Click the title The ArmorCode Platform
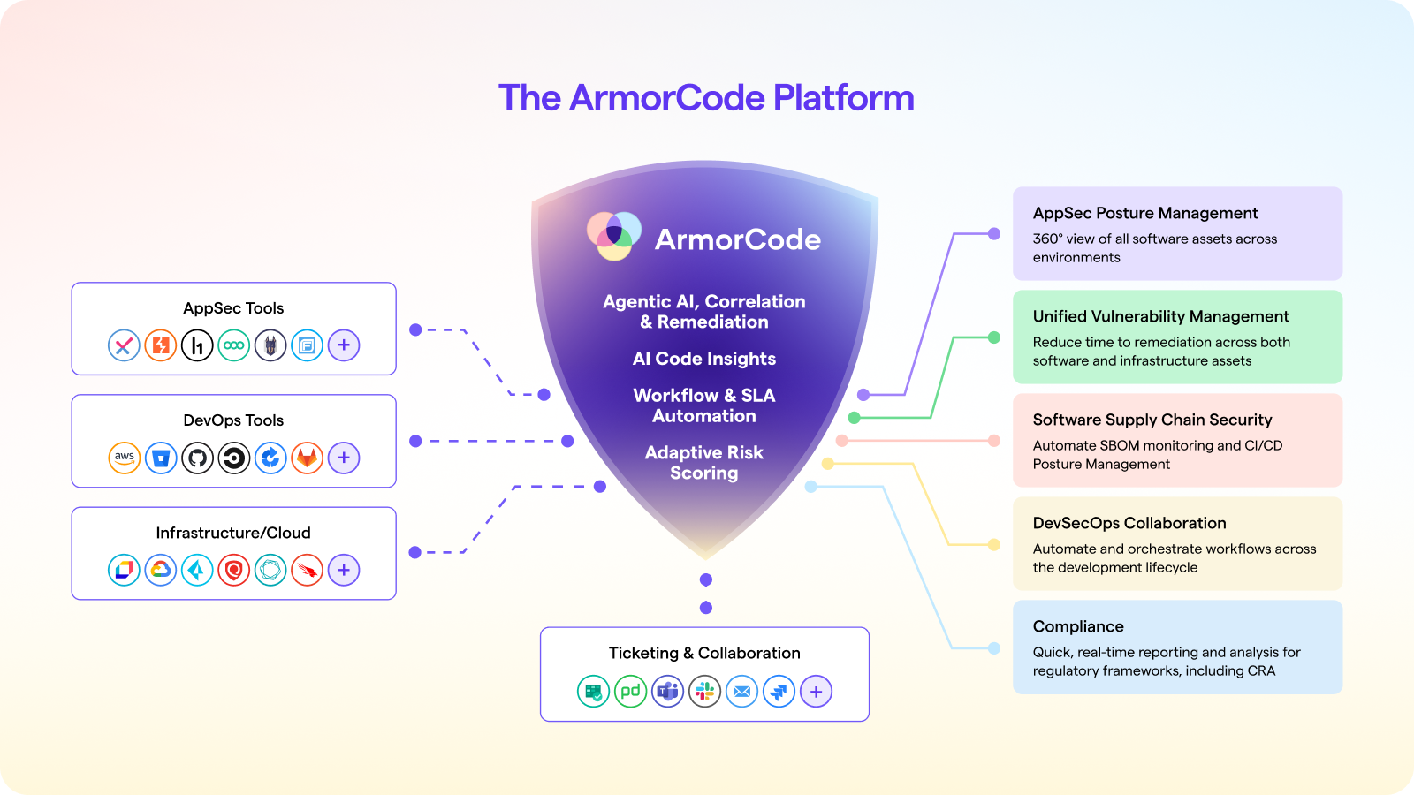click(x=706, y=98)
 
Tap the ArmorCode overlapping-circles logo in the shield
click(x=614, y=236)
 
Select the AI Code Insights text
click(x=704, y=359)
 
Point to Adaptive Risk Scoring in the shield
click(x=704, y=463)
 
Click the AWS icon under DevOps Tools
click(x=125, y=458)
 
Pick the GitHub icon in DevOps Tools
click(x=197, y=458)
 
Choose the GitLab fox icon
click(x=307, y=458)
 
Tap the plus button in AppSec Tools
click(x=344, y=345)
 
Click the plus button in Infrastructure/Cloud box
click(x=344, y=570)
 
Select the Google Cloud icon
click(x=161, y=570)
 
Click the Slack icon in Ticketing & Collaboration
click(x=704, y=692)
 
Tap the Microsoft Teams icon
click(x=667, y=692)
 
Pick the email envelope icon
click(x=741, y=692)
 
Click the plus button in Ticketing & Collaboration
click(x=816, y=692)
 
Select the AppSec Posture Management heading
click(x=1145, y=213)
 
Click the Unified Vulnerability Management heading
click(x=1161, y=316)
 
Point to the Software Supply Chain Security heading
click(x=1152, y=420)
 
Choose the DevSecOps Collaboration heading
click(x=1129, y=523)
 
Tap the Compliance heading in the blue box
click(x=1078, y=626)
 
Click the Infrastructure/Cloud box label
click(x=233, y=533)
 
